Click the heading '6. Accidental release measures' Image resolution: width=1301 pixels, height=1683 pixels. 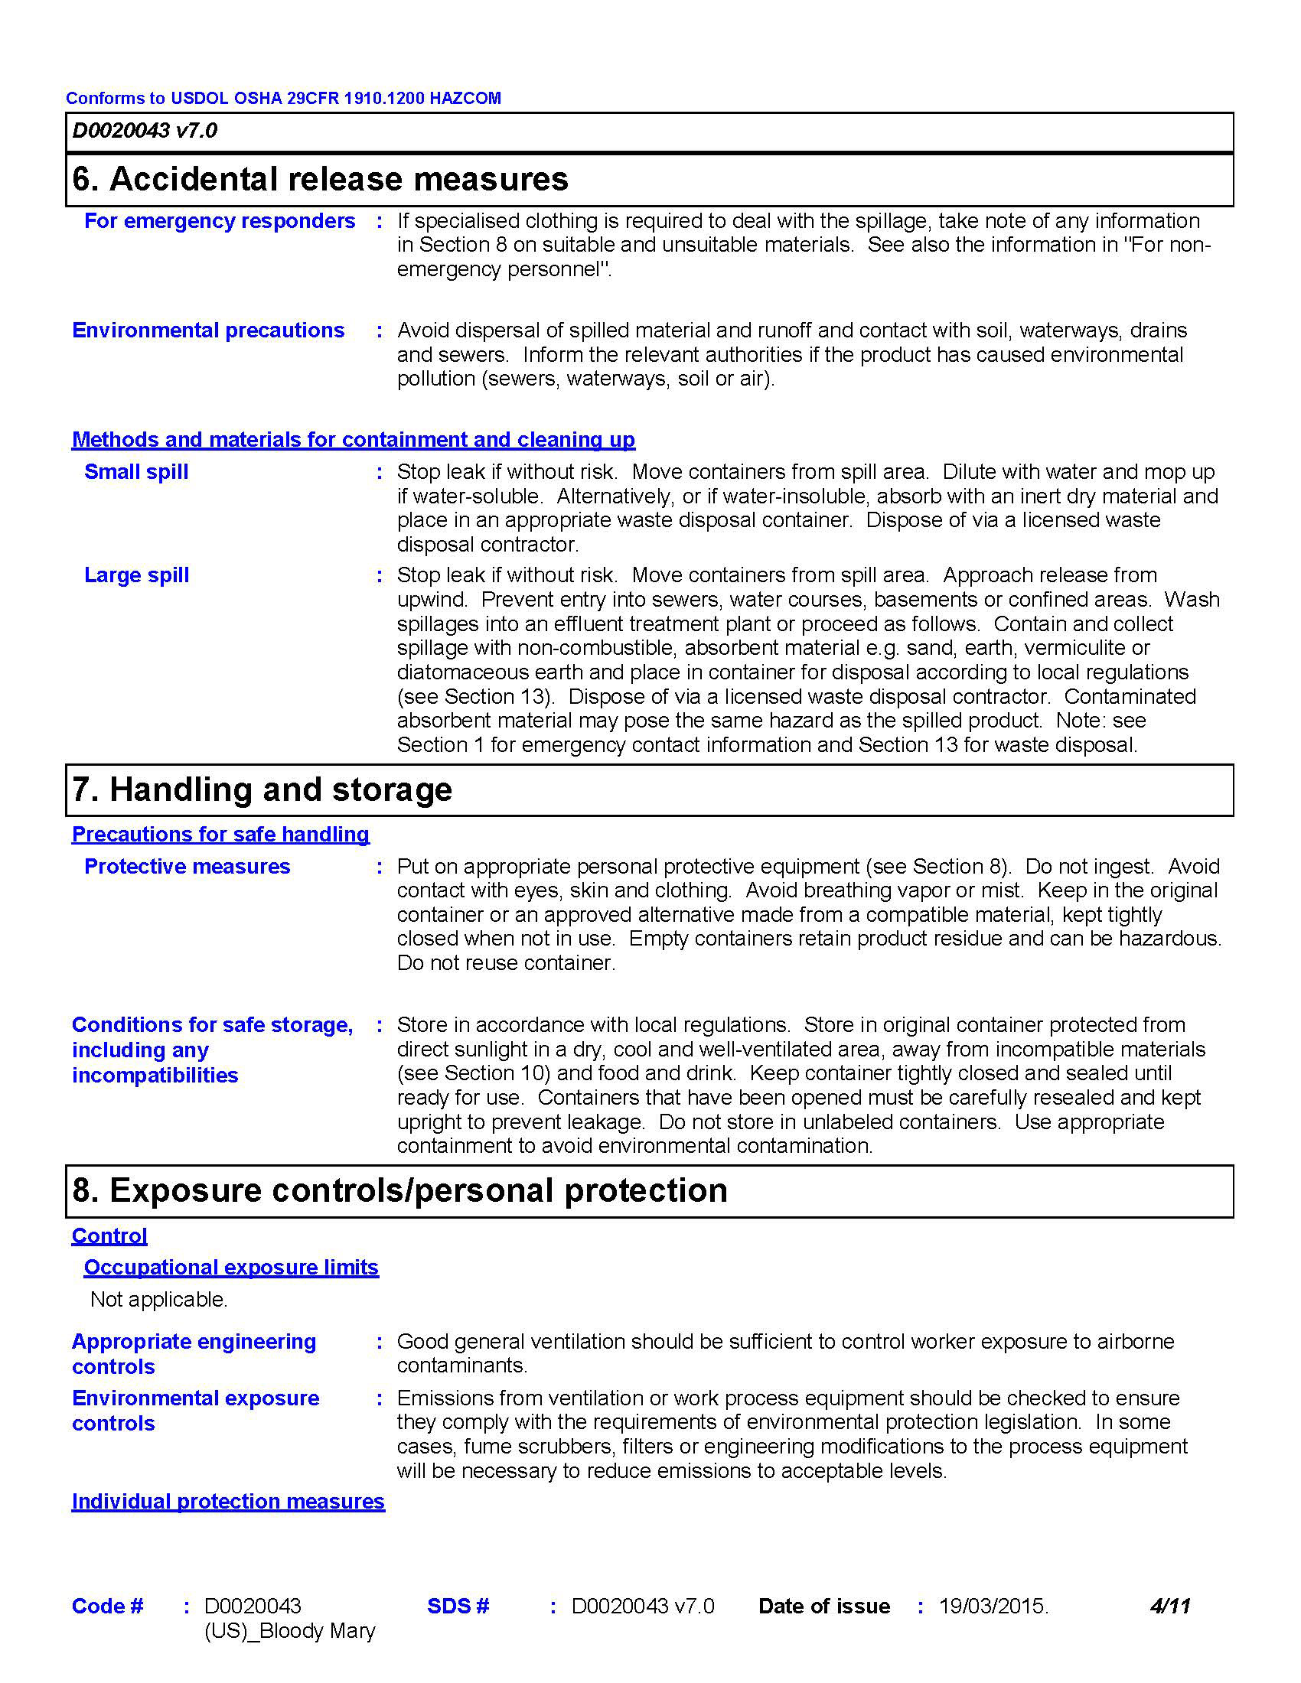click(x=320, y=180)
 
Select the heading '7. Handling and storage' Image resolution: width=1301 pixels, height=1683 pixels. click(x=262, y=790)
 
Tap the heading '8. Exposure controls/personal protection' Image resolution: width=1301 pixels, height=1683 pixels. click(x=399, y=1190)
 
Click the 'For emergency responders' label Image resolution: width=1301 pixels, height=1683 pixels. click(x=220, y=221)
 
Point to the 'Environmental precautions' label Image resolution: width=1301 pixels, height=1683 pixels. click(x=208, y=330)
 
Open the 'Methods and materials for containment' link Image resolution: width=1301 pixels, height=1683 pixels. click(x=353, y=440)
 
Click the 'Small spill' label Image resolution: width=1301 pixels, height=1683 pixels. click(x=136, y=472)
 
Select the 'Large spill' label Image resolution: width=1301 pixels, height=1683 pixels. click(x=136, y=575)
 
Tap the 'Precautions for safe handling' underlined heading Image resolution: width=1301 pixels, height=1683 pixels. click(x=220, y=835)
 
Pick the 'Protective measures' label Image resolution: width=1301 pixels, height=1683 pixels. click(x=187, y=867)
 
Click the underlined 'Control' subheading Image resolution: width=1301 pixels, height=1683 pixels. click(x=109, y=1236)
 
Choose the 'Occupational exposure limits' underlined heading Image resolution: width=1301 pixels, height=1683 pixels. click(x=231, y=1268)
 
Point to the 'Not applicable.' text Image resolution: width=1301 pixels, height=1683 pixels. click(x=158, y=1300)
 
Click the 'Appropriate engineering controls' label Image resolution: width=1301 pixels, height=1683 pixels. click(x=194, y=1354)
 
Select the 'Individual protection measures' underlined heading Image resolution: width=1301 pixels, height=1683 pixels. click(x=228, y=1502)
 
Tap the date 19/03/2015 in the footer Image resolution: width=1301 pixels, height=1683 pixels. click(x=993, y=1606)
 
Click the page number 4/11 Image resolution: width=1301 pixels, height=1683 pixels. click(x=1170, y=1606)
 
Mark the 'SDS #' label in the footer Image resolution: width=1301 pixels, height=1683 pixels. click(x=458, y=1606)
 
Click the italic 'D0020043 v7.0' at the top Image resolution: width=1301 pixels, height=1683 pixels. click(x=145, y=131)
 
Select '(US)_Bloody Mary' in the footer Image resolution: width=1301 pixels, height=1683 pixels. click(x=290, y=1632)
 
